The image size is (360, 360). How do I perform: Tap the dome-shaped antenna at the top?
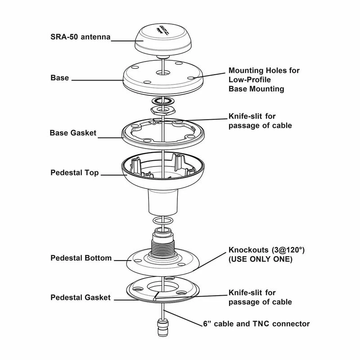(x=162, y=38)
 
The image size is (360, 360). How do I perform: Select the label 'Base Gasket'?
(x=72, y=133)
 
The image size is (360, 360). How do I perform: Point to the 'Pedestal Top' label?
(x=74, y=173)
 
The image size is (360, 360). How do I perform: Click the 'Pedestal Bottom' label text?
(x=81, y=258)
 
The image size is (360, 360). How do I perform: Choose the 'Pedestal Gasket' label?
(x=80, y=297)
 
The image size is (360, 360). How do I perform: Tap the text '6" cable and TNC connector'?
(x=256, y=324)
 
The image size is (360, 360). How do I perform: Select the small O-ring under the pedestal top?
(x=162, y=220)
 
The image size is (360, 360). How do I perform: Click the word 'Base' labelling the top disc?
(x=59, y=78)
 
